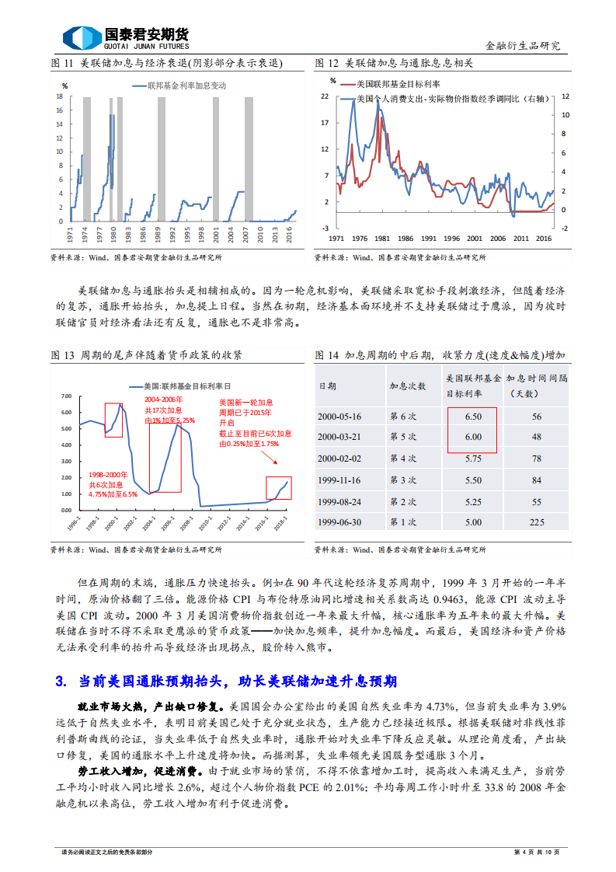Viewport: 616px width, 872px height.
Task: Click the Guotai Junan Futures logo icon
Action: [x=81, y=37]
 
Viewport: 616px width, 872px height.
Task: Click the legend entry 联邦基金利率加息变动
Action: [x=186, y=85]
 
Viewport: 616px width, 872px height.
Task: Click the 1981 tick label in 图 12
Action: [x=381, y=239]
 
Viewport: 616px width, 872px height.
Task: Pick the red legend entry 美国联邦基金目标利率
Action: [x=397, y=83]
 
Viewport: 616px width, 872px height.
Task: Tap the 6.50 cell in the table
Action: [x=473, y=417]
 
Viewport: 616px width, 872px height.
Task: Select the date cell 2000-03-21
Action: [x=339, y=437]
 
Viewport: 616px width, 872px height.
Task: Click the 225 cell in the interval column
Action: [x=536, y=522]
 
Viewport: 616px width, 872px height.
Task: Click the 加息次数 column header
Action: [x=407, y=385]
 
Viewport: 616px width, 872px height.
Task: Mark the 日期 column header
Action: [x=328, y=385]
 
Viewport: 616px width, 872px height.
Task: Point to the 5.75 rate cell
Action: [x=473, y=459]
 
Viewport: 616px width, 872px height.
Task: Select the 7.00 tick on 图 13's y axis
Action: [x=65, y=396]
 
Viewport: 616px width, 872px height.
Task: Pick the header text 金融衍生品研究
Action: [x=522, y=46]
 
